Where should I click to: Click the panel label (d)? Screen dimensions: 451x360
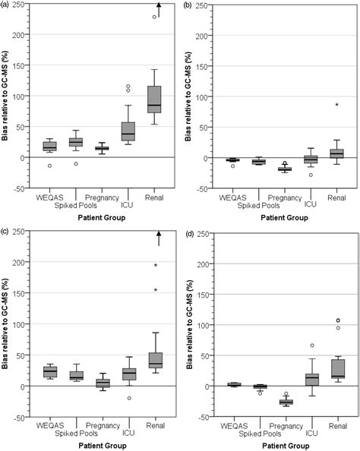click(x=192, y=233)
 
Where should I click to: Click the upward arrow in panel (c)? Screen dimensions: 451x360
click(x=157, y=237)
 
